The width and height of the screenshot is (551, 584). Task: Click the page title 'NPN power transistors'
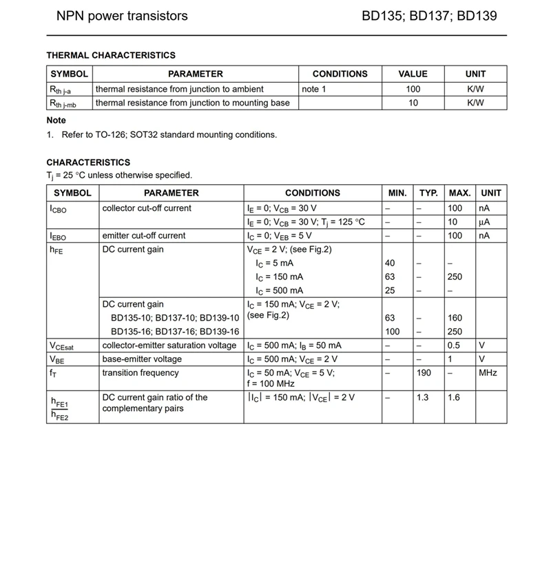[121, 16]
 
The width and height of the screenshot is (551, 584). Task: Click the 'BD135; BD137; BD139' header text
[429, 16]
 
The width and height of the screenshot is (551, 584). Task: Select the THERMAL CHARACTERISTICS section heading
[111, 55]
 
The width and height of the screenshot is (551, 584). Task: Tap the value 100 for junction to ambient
[413, 89]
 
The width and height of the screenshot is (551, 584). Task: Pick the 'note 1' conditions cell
[314, 89]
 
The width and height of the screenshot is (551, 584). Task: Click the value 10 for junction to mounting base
[413, 103]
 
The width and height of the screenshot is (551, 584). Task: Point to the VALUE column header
[413, 74]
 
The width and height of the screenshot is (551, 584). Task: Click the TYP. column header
[428, 193]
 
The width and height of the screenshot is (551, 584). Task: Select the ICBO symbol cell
[59, 209]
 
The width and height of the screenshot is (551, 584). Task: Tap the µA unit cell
[485, 222]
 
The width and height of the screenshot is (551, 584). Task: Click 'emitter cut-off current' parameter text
[144, 236]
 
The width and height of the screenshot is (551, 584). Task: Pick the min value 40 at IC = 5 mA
[390, 263]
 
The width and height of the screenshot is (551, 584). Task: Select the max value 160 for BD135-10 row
[455, 319]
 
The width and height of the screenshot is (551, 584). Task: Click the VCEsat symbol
[61, 346]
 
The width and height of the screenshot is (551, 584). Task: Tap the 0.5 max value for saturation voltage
[454, 345]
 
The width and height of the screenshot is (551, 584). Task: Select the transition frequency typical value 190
[424, 373]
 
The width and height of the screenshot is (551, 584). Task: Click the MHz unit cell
[488, 373]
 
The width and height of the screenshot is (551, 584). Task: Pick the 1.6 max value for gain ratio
[454, 398]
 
